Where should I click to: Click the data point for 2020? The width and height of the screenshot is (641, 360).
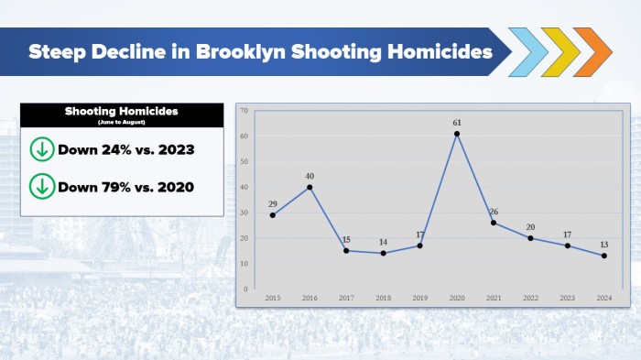tap(456, 134)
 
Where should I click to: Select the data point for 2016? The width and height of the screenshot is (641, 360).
tap(310, 187)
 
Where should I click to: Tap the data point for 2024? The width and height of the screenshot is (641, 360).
tap(604, 256)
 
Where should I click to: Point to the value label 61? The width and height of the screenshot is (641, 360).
tap(456, 121)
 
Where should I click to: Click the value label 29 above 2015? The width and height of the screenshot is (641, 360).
tap(273, 202)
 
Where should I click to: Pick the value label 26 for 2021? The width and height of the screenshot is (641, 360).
tap(494, 212)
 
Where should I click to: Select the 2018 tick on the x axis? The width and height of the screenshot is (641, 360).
tap(383, 298)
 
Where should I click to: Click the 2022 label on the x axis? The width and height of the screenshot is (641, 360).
tap(531, 298)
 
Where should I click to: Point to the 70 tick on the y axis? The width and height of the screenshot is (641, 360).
tap(244, 111)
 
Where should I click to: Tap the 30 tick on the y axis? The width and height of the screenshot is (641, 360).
tap(244, 213)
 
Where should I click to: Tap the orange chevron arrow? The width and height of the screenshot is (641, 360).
tap(593, 51)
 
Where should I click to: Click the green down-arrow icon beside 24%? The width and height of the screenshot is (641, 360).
tap(42, 149)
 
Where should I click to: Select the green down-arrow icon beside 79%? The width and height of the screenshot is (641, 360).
tap(42, 186)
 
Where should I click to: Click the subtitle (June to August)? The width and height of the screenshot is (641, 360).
tap(121, 121)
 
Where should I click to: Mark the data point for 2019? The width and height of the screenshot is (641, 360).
tap(419, 245)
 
